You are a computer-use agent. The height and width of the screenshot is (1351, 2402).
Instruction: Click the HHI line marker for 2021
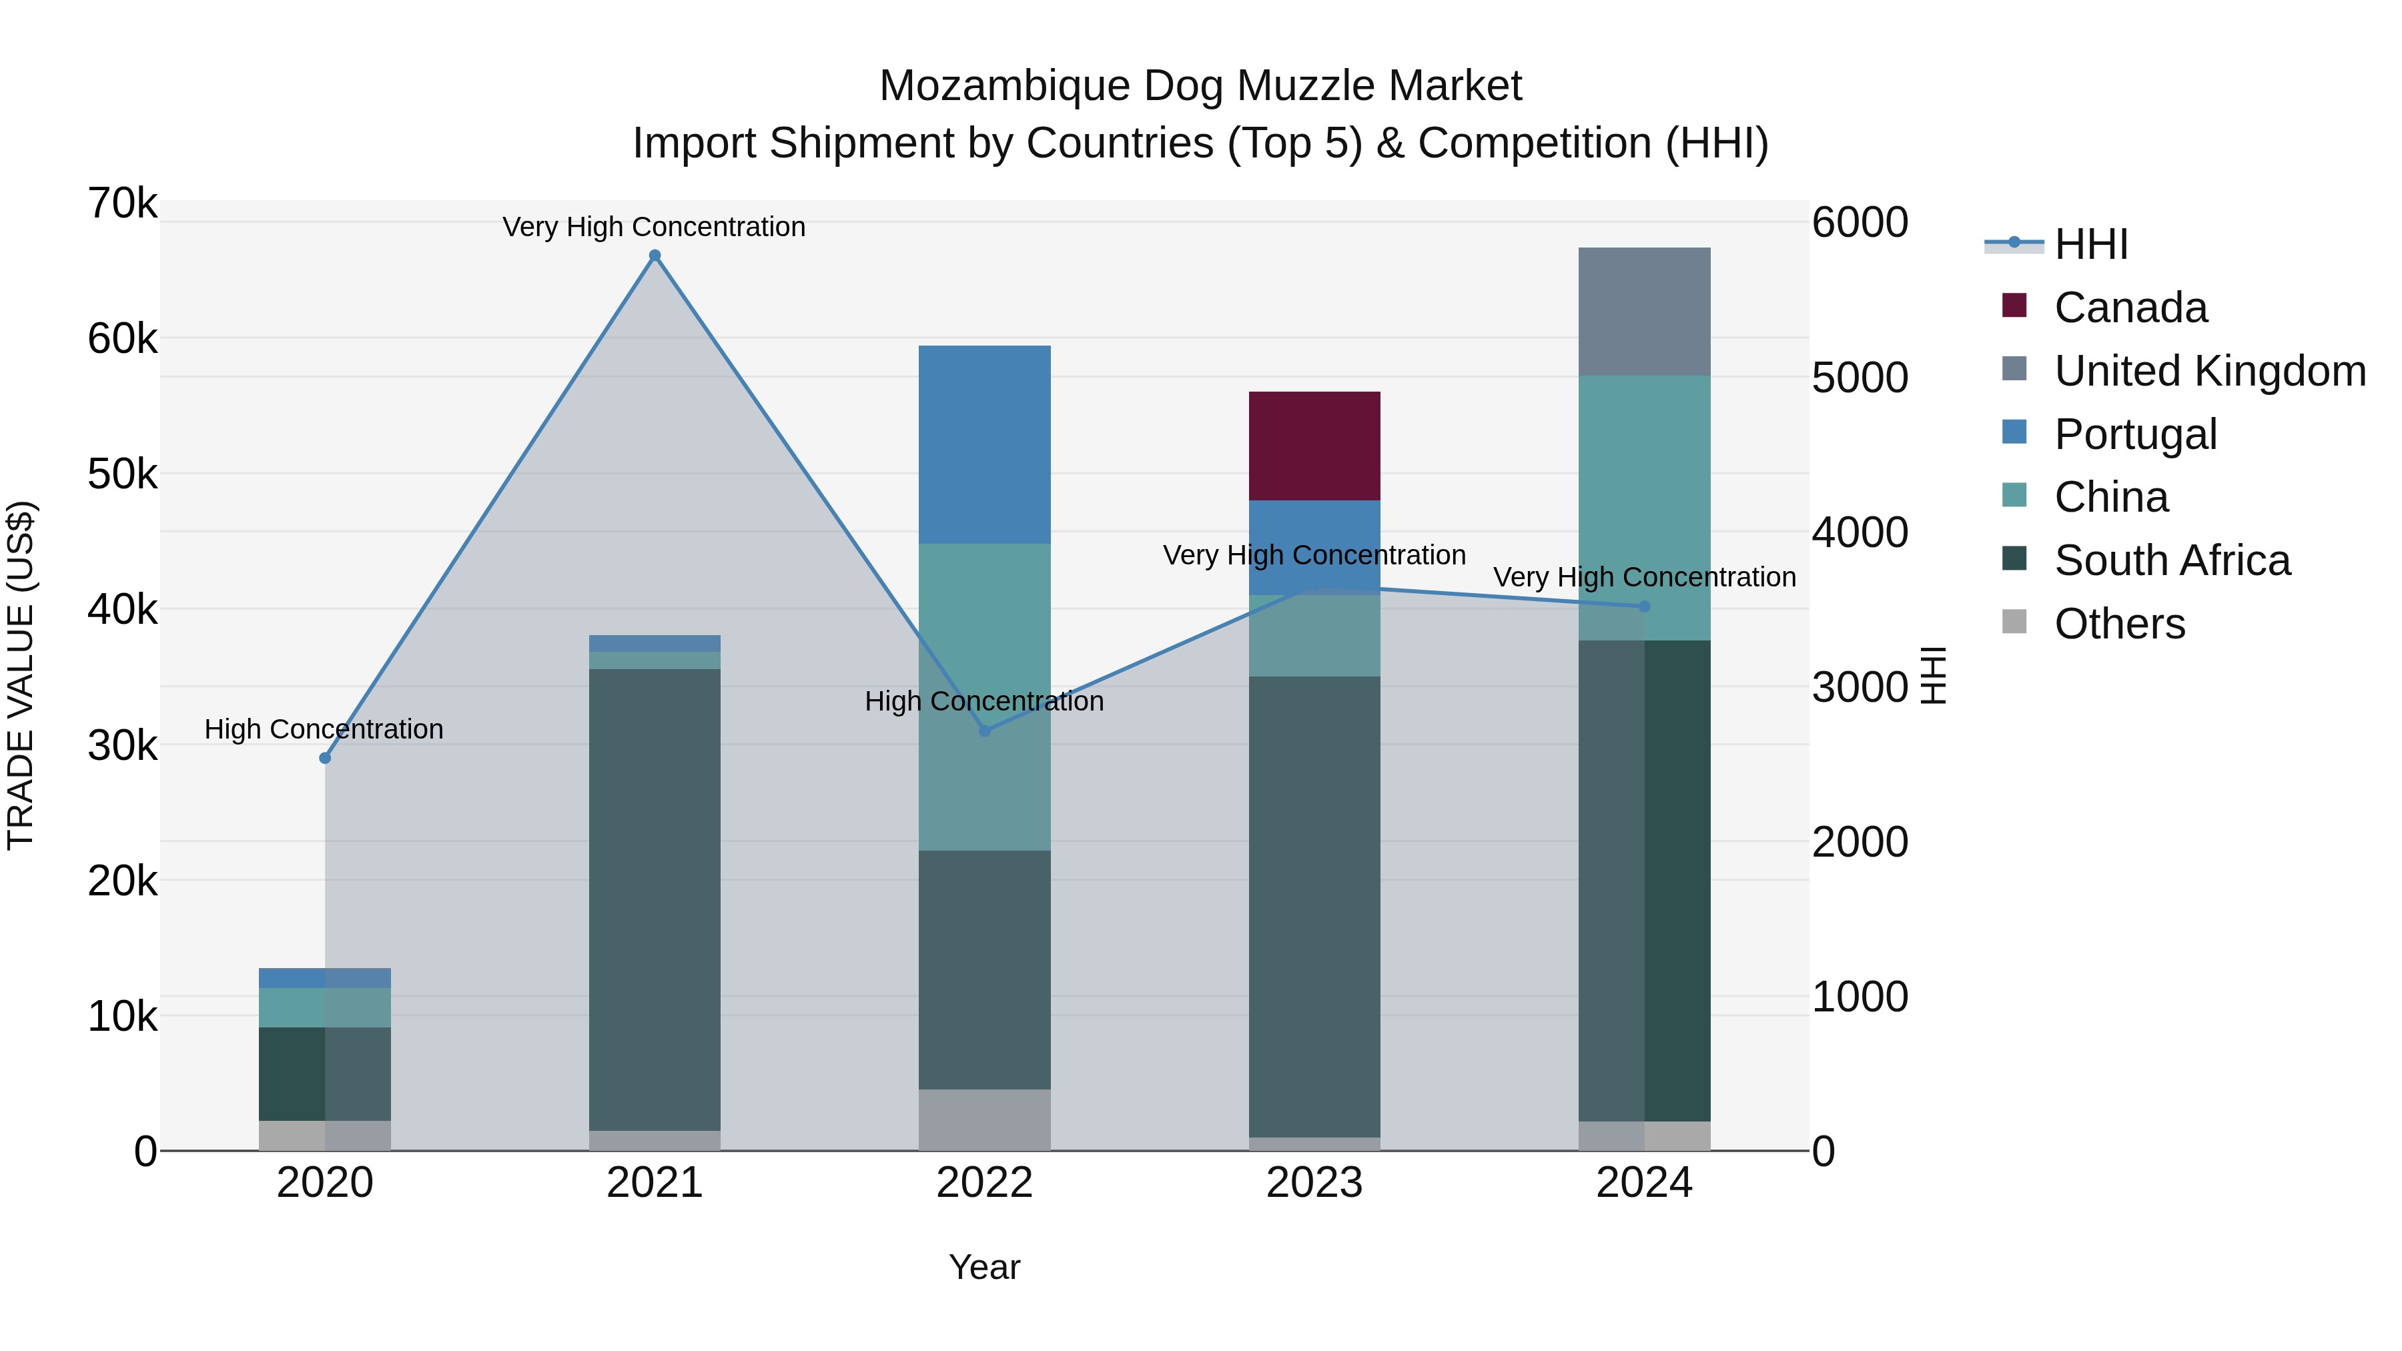click(655, 256)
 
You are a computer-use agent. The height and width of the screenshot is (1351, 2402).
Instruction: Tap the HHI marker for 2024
click(1644, 606)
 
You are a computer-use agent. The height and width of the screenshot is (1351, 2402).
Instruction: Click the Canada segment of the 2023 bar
click(1314, 446)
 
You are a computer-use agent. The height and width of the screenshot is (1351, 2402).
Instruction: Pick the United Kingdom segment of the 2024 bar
click(1644, 312)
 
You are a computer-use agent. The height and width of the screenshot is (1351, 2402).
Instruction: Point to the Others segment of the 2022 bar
click(985, 1119)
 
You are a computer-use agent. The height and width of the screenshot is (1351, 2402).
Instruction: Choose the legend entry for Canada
click(2130, 308)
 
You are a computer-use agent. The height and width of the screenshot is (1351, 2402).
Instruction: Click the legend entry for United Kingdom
click(2209, 371)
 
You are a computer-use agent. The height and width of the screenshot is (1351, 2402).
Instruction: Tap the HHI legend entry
click(2090, 244)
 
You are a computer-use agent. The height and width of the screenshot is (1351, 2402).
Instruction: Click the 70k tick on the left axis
click(122, 203)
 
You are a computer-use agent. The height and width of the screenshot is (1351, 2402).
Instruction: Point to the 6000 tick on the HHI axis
click(1860, 223)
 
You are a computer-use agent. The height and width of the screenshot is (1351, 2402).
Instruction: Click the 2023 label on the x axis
click(1314, 1183)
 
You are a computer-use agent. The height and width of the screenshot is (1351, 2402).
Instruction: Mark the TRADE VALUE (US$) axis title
click(21, 675)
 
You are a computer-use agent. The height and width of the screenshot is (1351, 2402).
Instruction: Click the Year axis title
click(985, 1267)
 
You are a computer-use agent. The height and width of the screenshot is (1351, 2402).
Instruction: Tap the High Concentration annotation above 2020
click(324, 729)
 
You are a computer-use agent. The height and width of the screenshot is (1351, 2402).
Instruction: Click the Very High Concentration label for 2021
click(654, 227)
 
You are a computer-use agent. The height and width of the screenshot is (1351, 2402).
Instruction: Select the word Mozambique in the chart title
click(1004, 86)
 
